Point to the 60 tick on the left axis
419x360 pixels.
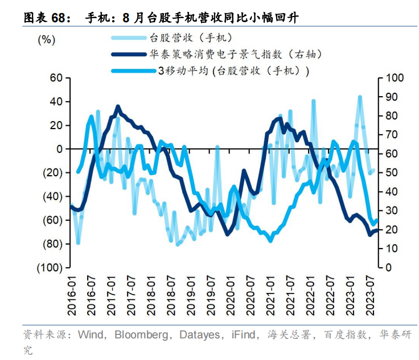[55, 78]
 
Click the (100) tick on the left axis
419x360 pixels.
[50, 267]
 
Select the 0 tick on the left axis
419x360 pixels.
[59, 149]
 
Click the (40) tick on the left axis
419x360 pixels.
[52, 196]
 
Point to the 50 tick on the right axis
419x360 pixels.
[391, 172]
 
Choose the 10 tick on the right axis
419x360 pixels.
[391, 249]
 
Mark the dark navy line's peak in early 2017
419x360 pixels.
[118, 106]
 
